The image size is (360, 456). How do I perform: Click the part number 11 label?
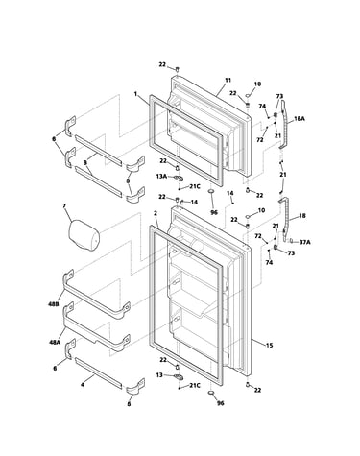pos(228,80)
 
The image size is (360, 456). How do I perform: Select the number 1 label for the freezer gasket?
pos(135,94)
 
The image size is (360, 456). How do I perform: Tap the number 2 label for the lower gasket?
pos(156,213)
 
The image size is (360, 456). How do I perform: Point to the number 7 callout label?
pos(64,206)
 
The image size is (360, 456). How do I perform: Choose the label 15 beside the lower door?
pos(269,345)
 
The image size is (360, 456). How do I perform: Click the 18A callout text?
pos(300,119)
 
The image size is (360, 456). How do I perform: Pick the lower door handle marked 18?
pos(285,220)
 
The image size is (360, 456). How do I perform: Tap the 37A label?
pos(304,242)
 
